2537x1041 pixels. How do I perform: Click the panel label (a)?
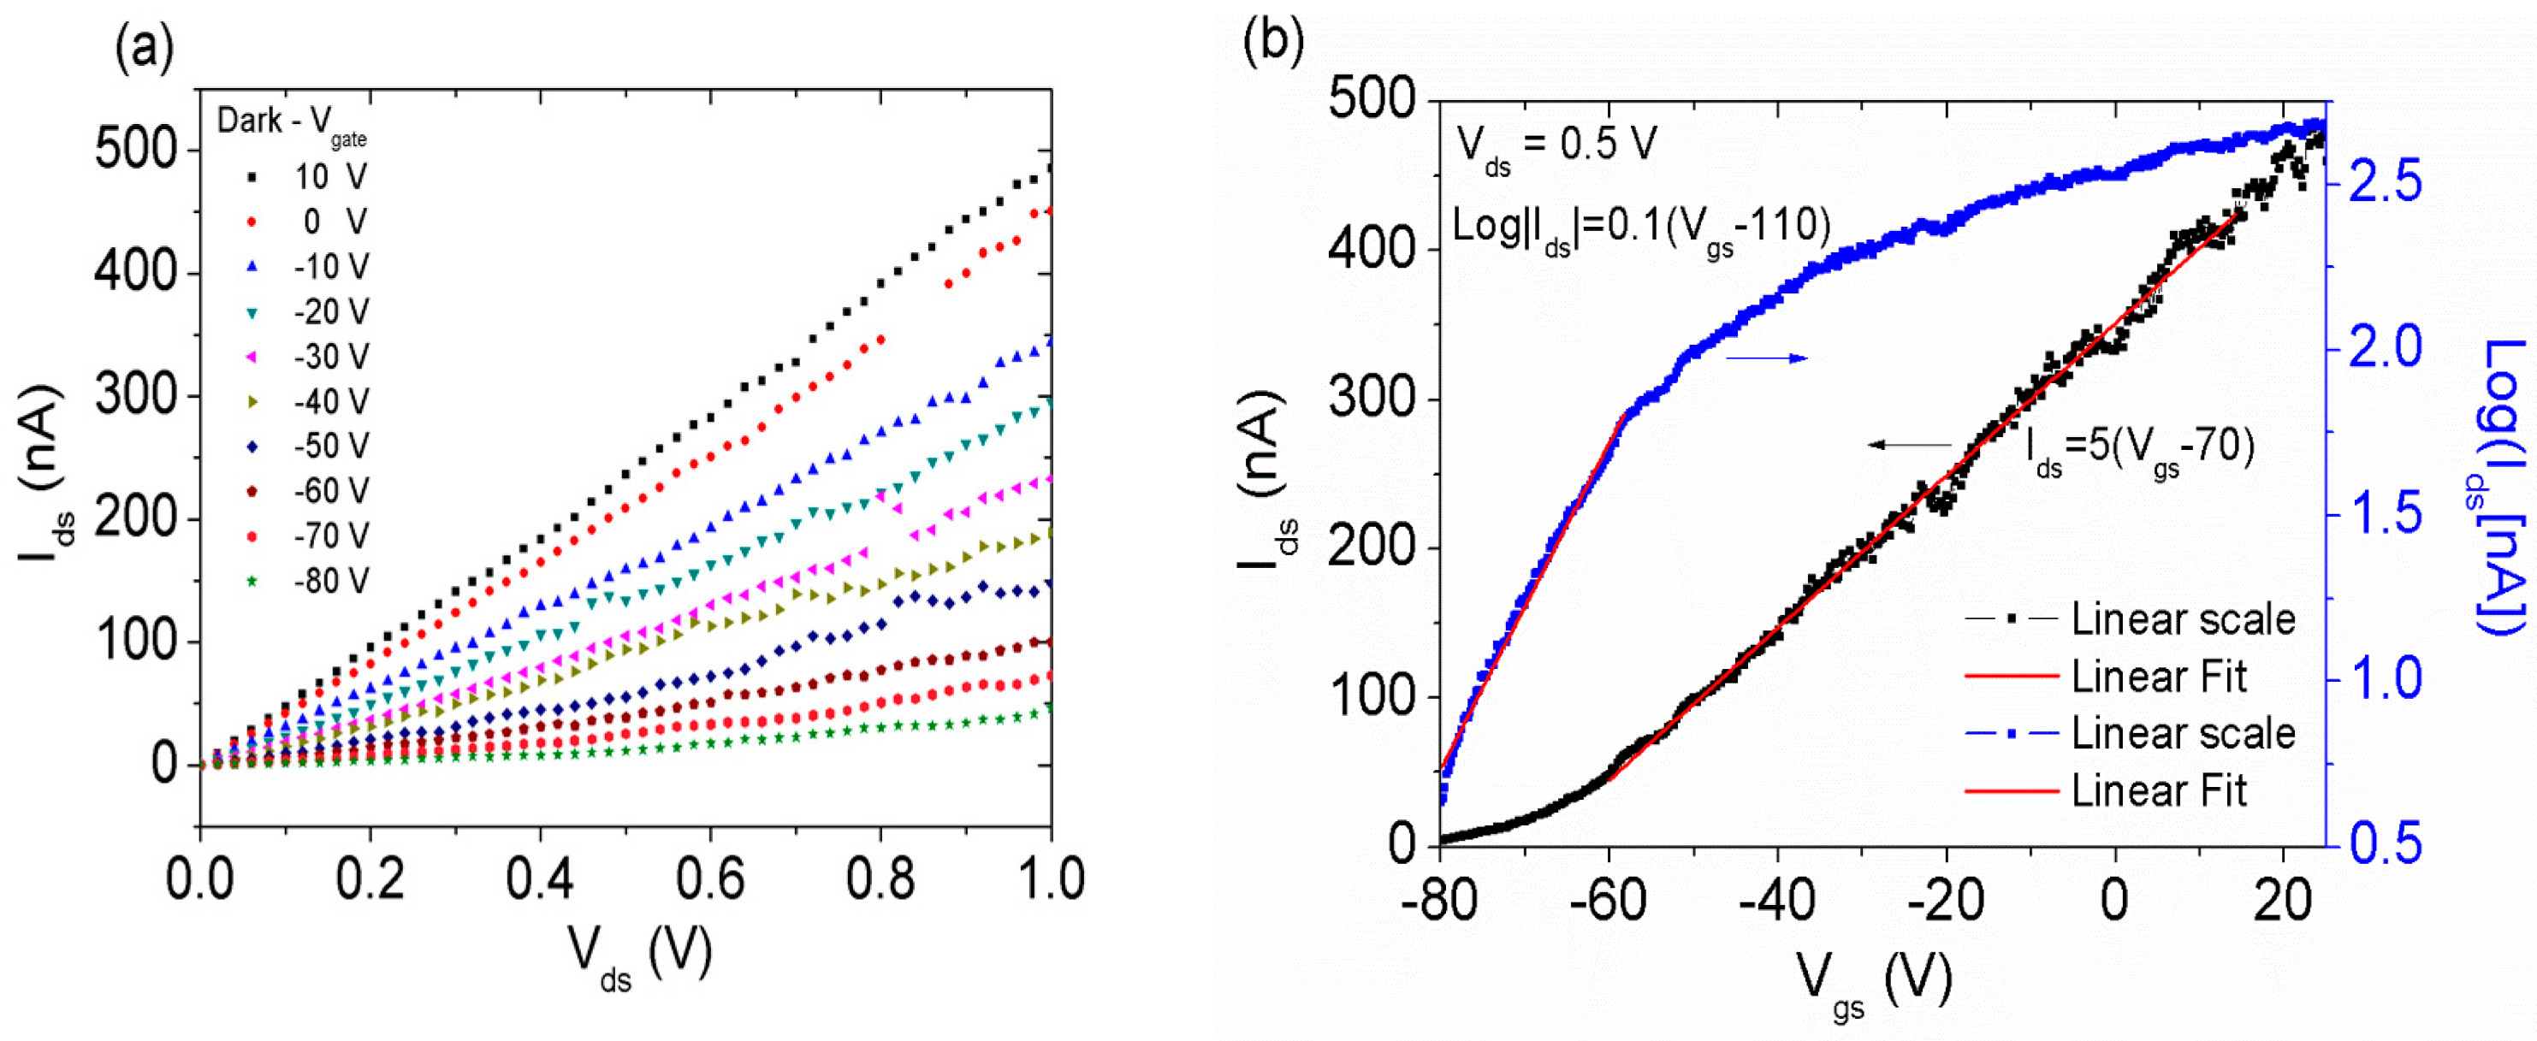[145, 47]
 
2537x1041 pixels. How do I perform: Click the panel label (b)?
[1273, 41]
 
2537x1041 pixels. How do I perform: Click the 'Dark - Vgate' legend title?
[292, 123]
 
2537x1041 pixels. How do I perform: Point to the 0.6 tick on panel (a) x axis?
[710, 878]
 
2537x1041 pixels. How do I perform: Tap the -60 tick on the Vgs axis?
[1607, 900]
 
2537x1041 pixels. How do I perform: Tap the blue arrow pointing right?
[1768, 358]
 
